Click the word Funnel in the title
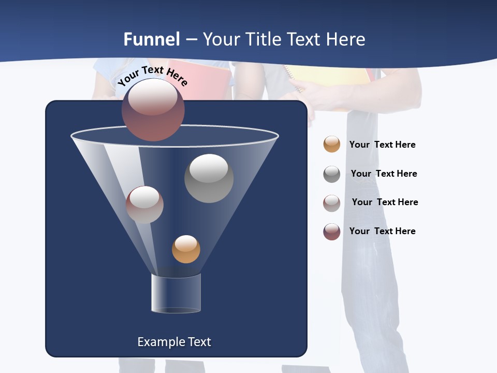pyautogui.click(x=152, y=39)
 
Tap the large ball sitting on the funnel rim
pyautogui.click(x=153, y=109)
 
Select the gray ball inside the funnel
pyautogui.click(x=209, y=178)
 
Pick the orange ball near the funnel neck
pyautogui.click(x=186, y=249)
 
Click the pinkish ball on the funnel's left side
pyautogui.click(x=144, y=205)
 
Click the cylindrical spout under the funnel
pyautogui.click(x=176, y=293)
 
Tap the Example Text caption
pyautogui.click(x=174, y=342)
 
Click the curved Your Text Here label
pyautogui.click(x=153, y=75)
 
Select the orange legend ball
pyautogui.click(x=332, y=144)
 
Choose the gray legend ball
pyautogui.click(x=332, y=174)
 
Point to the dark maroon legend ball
pyautogui.click(x=332, y=232)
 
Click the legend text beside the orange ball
pyautogui.click(x=382, y=145)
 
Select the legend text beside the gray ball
pyautogui.click(x=384, y=174)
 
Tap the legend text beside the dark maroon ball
pyautogui.click(x=382, y=231)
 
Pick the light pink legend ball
pyautogui.click(x=332, y=203)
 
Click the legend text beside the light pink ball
pyautogui.click(x=385, y=202)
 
